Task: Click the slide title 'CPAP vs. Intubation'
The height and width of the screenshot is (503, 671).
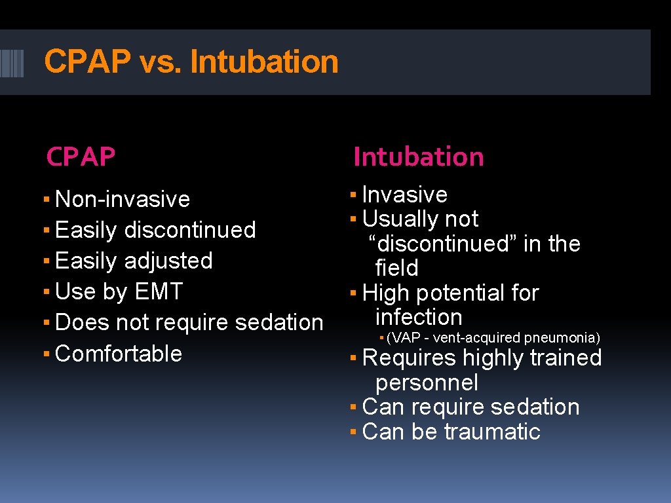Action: (x=191, y=62)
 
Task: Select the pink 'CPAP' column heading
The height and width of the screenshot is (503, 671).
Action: (x=81, y=157)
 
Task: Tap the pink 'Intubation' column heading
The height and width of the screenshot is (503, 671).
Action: (x=418, y=157)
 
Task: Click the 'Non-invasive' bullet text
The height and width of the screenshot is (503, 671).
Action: (x=123, y=199)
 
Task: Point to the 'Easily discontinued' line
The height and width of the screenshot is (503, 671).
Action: (x=155, y=230)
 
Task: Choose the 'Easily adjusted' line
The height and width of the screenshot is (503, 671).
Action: (x=134, y=261)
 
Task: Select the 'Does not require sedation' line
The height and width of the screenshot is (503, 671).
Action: (x=189, y=322)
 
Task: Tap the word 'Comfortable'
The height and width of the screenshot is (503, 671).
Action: (x=119, y=354)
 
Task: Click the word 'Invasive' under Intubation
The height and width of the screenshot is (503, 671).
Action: (x=404, y=195)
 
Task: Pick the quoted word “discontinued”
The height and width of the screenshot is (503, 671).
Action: (x=443, y=244)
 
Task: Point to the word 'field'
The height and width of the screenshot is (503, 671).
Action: (x=396, y=268)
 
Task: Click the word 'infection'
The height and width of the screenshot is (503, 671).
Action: (x=419, y=317)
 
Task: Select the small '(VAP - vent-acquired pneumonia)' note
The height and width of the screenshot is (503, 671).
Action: (x=493, y=338)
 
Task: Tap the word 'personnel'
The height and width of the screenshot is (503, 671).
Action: (x=427, y=382)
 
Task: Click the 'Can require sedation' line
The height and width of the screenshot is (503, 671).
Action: (x=470, y=407)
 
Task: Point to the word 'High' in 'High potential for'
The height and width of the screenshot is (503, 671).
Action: (x=385, y=293)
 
